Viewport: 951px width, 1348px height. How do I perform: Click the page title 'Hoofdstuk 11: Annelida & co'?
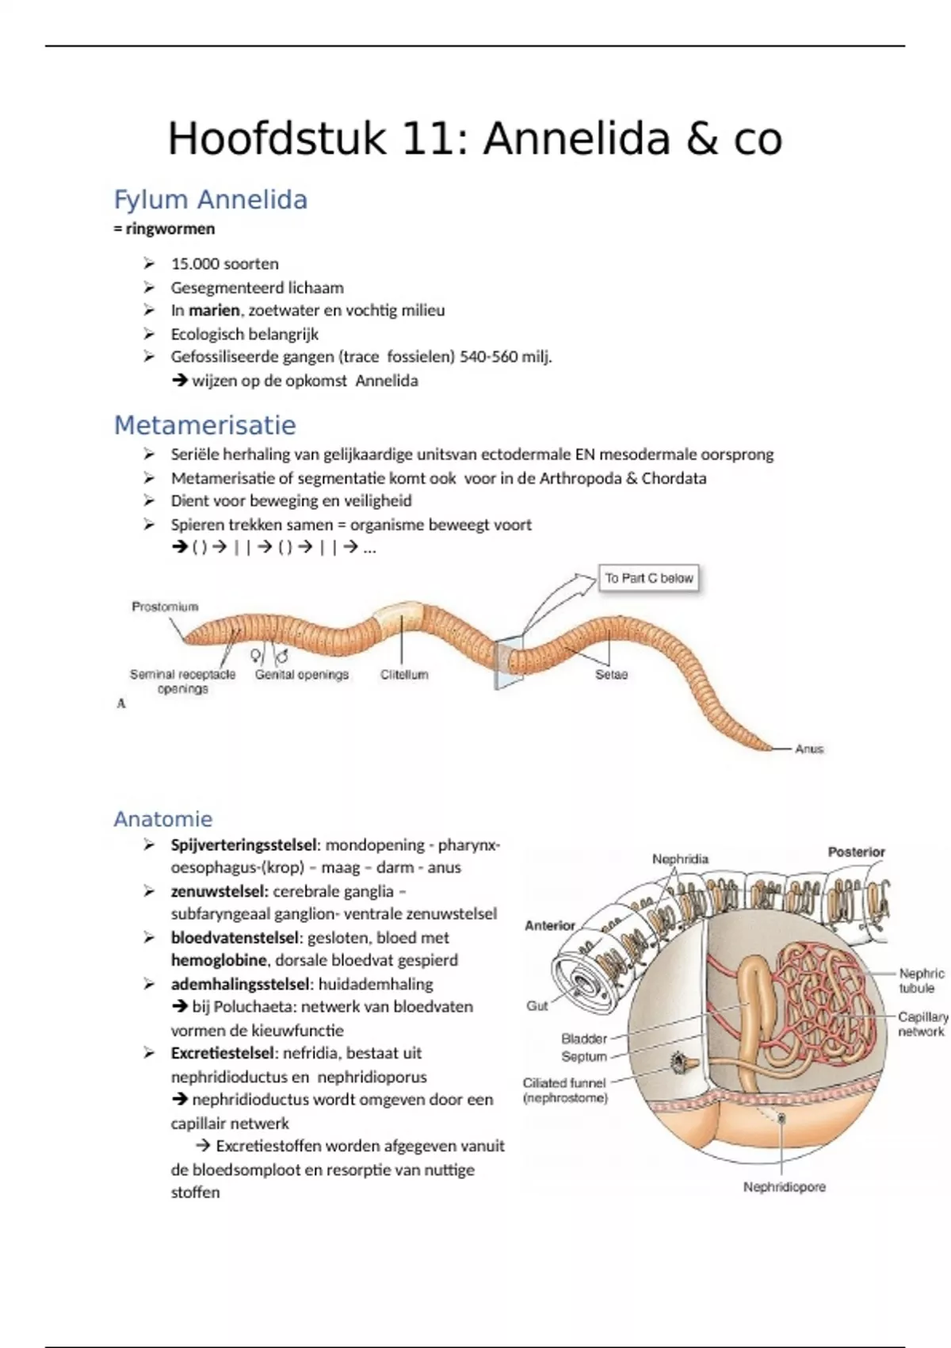(475, 139)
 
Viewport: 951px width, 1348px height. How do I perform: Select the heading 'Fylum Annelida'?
(210, 199)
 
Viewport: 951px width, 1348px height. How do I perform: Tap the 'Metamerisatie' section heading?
(204, 425)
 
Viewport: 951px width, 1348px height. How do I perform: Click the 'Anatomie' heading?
(163, 818)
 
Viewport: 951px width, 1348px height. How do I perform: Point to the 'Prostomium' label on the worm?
(165, 607)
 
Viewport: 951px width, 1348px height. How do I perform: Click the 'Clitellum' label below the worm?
(404, 675)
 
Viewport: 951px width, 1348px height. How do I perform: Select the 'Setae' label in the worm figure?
(611, 675)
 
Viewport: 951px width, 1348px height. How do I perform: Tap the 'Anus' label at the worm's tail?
(809, 749)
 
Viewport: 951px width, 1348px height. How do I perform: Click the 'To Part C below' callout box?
(649, 578)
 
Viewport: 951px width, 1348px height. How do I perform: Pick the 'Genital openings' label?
(302, 675)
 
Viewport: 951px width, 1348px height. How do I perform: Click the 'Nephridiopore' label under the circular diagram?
(784, 1187)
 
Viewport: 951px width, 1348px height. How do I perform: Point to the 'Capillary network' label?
(922, 1024)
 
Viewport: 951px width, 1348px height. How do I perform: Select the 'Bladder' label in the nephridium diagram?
(584, 1038)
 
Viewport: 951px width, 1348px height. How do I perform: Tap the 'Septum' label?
(584, 1056)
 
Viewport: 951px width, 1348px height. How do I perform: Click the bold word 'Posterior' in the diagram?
(856, 852)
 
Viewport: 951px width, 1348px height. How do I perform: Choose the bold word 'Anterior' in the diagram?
(550, 925)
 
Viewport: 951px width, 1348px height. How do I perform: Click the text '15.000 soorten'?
(224, 263)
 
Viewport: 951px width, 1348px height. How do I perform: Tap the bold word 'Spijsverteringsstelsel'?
(244, 844)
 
